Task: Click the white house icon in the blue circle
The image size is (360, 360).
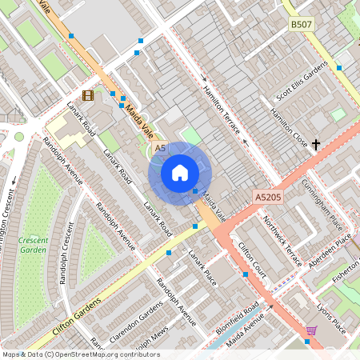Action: [x=180, y=173]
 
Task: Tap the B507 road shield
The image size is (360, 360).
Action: [x=302, y=26]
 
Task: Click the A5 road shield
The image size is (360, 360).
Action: [x=160, y=149]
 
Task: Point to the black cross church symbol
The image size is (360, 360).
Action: [x=316, y=145]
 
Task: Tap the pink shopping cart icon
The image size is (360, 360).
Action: [x=311, y=330]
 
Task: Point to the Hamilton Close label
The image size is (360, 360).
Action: [x=289, y=126]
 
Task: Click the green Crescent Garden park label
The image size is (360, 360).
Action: [x=33, y=245]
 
